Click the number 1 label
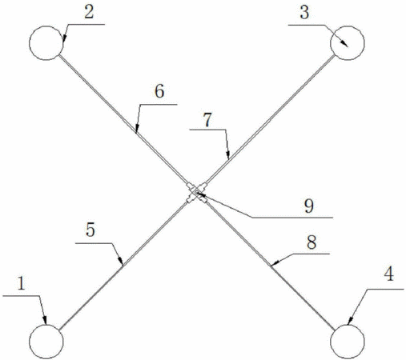pyautogui.click(x=22, y=284)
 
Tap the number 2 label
pyautogui.click(x=89, y=12)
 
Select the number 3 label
pyautogui.click(x=304, y=13)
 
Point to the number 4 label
pyautogui.click(x=389, y=274)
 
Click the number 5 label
pyautogui.click(x=90, y=230)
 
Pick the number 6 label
pyautogui.click(x=159, y=91)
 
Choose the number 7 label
pyautogui.click(x=207, y=120)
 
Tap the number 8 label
pyautogui.click(x=312, y=243)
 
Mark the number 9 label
pyautogui.click(x=309, y=206)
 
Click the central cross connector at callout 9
pyautogui.click(x=197, y=193)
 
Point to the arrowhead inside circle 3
pyautogui.click(x=344, y=43)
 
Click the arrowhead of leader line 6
pyautogui.click(x=136, y=129)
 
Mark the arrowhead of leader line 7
pyautogui.click(x=227, y=154)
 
